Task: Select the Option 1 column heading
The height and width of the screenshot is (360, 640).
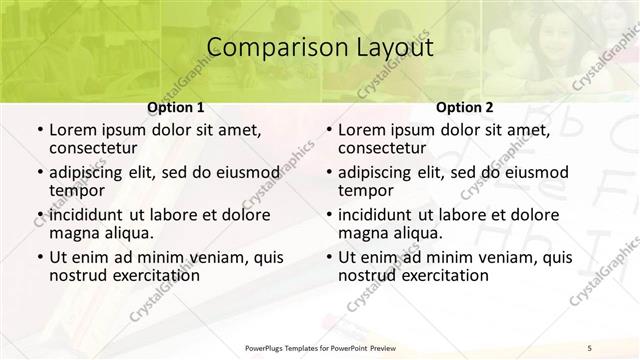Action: pyautogui.click(x=176, y=106)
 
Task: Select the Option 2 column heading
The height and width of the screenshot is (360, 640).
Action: pyautogui.click(x=465, y=106)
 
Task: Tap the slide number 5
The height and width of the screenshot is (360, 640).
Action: pyautogui.click(x=590, y=347)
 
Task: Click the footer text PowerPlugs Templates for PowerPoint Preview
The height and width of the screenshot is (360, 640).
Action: pyautogui.click(x=318, y=347)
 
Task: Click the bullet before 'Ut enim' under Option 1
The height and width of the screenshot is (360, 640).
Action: pyautogui.click(x=39, y=258)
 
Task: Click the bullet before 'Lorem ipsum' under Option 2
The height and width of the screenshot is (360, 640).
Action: pyautogui.click(x=328, y=130)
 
